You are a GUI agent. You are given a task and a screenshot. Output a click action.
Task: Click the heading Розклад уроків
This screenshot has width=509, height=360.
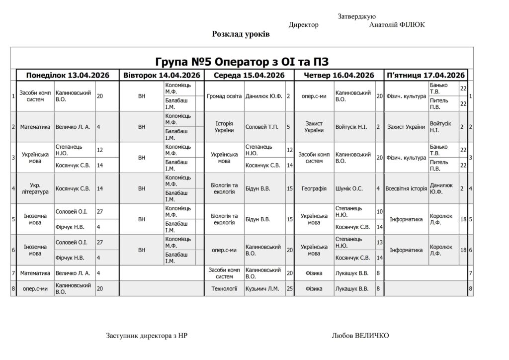tap(241, 34)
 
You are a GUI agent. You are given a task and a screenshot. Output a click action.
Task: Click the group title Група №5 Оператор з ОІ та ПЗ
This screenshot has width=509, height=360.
tap(242, 62)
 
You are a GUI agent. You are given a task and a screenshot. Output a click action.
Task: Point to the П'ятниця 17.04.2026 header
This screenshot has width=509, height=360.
tap(425, 75)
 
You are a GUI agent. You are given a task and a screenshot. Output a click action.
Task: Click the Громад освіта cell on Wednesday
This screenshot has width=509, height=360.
tap(224, 96)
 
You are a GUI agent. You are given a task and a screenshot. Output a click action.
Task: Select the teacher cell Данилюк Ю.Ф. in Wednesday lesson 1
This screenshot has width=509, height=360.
tap(264, 96)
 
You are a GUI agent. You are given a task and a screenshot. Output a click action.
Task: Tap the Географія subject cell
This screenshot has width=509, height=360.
tap(314, 188)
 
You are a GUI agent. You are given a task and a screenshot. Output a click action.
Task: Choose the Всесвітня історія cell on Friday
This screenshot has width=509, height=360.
tap(406, 188)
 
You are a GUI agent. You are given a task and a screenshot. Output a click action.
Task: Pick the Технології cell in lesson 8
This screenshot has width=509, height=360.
tap(224, 288)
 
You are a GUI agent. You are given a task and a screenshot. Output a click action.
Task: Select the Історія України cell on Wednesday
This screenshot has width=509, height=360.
tap(224, 127)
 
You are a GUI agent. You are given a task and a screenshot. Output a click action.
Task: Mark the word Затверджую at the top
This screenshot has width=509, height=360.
tap(356, 16)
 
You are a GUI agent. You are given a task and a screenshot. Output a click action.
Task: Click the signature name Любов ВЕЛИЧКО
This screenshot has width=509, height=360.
tap(360, 336)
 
